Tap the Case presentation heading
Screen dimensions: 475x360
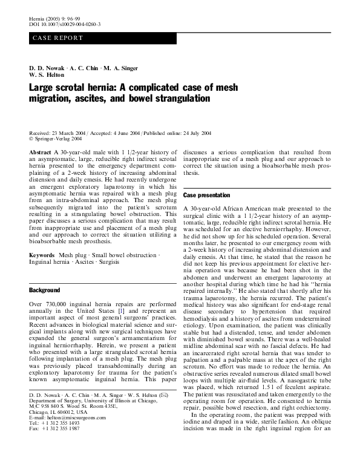206,195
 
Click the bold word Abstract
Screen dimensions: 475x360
40,152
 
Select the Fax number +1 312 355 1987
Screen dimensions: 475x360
61,463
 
